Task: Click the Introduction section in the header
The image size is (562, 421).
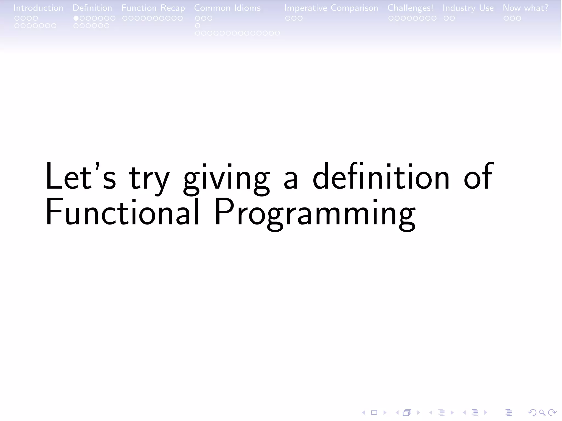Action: pyautogui.click(x=38, y=8)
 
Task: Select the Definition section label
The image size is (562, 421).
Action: pyautogui.click(x=92, y=8)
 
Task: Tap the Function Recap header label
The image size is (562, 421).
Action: pyautogui.click(x=153, y=8)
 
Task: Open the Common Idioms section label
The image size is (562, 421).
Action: pyautogui.click(x=227, y=8)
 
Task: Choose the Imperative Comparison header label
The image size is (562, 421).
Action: pyautogui.click(x=331, y=8)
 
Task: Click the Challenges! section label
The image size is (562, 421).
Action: pyautogui.click(x=410, y=8)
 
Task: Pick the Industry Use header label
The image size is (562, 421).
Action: pyautogui.click(x=468, y=8)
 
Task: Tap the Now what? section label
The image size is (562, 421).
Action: pyautogui.click(x=526, y=8)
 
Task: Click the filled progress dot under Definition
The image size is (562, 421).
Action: pyautogui.click(x=76, y=18)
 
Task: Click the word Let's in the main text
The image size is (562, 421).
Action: pyautogui.click(x=80, y=177)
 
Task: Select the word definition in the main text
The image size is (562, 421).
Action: pyautogui.click(x=381, y=177)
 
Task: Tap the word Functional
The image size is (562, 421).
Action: pyautogui.click(x=122, y=212)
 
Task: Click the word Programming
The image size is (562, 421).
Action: pyautogui.click(x=314, y=214)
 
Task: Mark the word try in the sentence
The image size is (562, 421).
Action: pyautogui.click(x=149, y=178)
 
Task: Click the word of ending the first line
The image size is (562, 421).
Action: pyautogui.click(x=479, y=177)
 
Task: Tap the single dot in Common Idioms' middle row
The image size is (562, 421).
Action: pyautogui.click(x=198, y=26)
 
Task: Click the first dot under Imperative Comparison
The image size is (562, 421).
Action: pyautogui.click(x=288, y=18)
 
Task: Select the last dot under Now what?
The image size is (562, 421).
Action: pyautogui.click(x=518, y=18)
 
